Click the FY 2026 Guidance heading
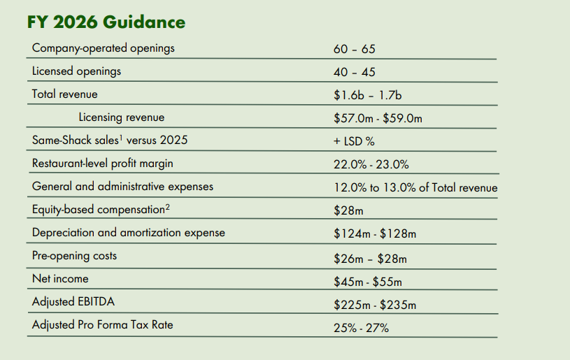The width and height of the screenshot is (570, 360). point(106,22)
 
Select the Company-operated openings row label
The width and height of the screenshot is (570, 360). point(104,48)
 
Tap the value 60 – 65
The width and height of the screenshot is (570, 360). point(355,49)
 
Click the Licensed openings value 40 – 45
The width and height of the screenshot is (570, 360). point(355,72)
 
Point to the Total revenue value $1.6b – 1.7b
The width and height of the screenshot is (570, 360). point(367,95)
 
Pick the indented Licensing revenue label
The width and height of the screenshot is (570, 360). point(122,117)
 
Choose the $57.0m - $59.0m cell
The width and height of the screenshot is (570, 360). point(378,118)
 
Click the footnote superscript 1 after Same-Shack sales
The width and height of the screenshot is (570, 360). point(121,137)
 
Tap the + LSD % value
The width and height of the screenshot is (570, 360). point(354,141)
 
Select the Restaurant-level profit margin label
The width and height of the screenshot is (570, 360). point(103,164)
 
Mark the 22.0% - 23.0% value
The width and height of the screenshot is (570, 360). point(371,164)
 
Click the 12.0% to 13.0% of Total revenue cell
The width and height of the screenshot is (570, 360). point(415,187)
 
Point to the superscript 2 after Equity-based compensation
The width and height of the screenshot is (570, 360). point(168,207)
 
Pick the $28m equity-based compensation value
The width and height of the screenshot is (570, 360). point(348,210)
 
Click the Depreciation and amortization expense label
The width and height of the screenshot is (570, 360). point(128,233)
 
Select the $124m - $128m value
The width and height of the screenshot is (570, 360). point(375,233)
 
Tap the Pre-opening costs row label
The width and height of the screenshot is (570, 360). point(75,256)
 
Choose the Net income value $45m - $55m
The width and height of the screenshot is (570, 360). point(368,282)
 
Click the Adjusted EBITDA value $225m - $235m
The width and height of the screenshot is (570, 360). point(375,305)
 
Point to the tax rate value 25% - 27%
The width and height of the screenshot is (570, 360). point(362,328)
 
